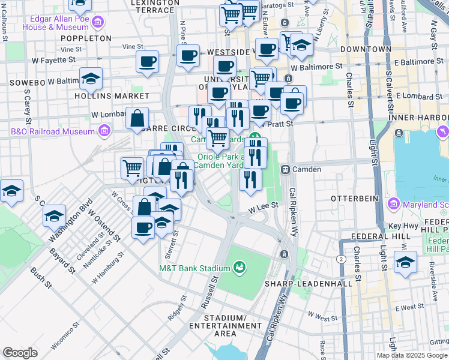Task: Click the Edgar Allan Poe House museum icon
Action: tap(98, 23)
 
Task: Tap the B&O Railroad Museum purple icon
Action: tap(104, 130)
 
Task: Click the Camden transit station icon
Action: tap(286, 170)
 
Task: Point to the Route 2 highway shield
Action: tap(342, 259)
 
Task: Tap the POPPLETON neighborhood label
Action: tap(86, 38)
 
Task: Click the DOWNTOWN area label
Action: tap(366, 49)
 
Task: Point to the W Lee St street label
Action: tap(265, 205)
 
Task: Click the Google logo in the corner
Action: tap(20, 353)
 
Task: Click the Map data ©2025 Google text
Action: tap(412, 355)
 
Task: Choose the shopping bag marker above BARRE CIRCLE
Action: tap(137, 118)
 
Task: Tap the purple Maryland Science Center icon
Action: tap(394, 204)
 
